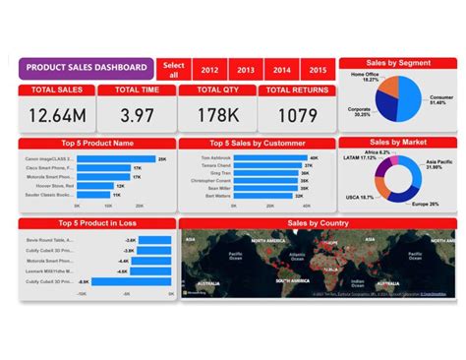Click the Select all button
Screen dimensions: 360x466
(173, 69)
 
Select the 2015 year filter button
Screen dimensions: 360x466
(317, 70)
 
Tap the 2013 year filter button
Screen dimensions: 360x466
(246, 70)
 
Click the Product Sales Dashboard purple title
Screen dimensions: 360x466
(86, 68)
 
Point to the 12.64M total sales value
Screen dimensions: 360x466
(56, 115)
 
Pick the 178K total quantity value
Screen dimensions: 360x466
(217, 115)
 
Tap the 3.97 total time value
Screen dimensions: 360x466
(138, 115)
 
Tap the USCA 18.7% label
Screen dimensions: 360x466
(359, 197)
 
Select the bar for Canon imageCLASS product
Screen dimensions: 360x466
(116, 158)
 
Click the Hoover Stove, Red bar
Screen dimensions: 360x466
(94, 185)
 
